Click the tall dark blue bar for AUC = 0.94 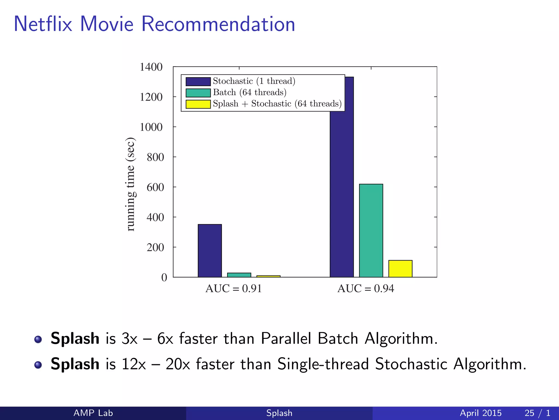pyautogui.click(x=342, y=191)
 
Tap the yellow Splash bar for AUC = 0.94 pyautogui.click(x=400, y=269)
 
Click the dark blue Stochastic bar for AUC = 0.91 pyautogui.click(x=210, y=250)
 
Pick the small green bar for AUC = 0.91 pyautogui.click(x=239, y=275)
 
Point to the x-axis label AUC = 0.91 pyautogui.click(x=234, y=288)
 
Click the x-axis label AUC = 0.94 pyautogui.click(x=366, y=288)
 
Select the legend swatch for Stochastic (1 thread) pyautogui.click(x=198, y=81)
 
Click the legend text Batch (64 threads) pyautogui.click(x=249, y=92)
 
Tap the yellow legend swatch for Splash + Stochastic pyautogui.click(x=198, y=104)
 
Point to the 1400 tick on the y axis pyautogui.click(x=151, y=67)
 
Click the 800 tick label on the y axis pyautogui.click(x=155, y=157)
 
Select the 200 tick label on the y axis pyautogui.click(x=155, y=247)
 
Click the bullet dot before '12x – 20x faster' pyautogui.click(x=38, y=365)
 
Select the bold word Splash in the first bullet pyautogui.click(x=75, y=339)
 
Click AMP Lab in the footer pyautogui.click(x=93, y=413)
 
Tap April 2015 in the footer pyautogui.click(x=480, y=413)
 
